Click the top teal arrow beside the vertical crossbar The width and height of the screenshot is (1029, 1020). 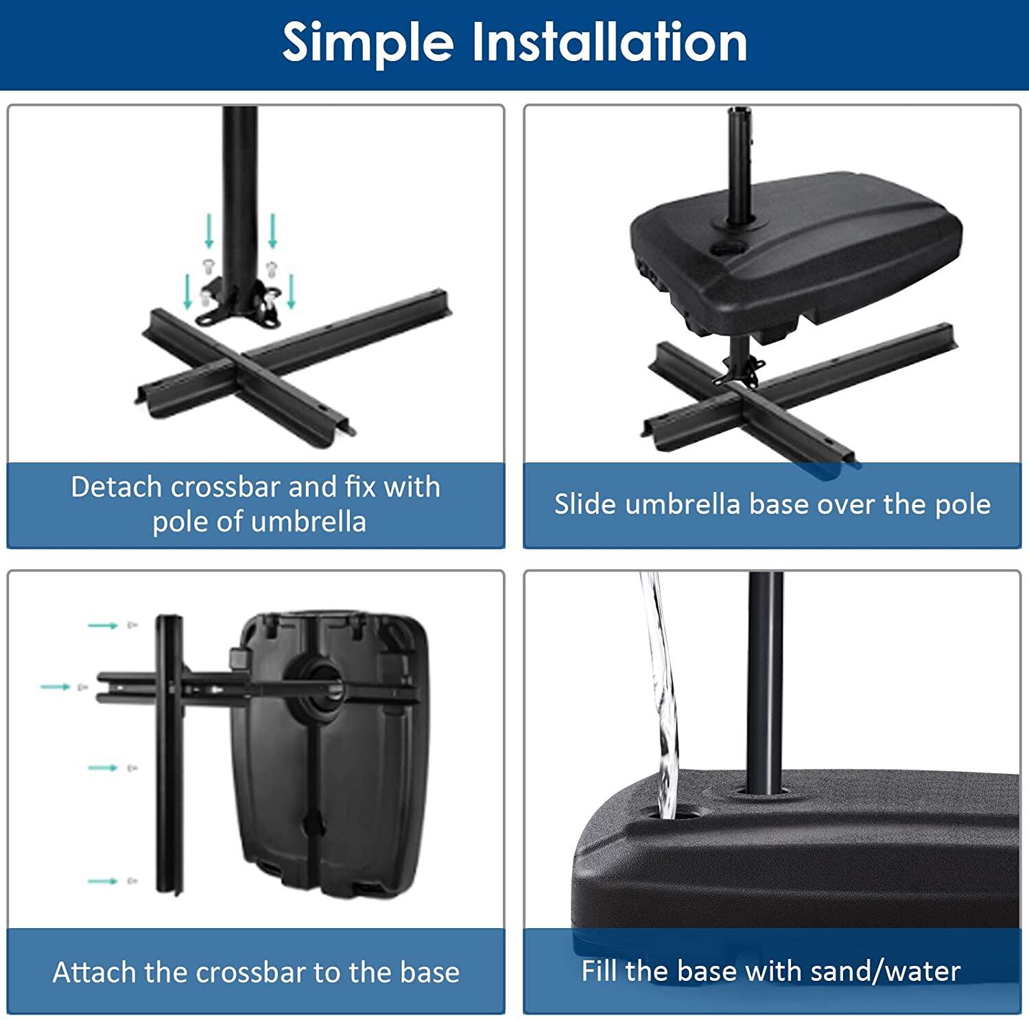103,626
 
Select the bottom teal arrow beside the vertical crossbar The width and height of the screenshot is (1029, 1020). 103,881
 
